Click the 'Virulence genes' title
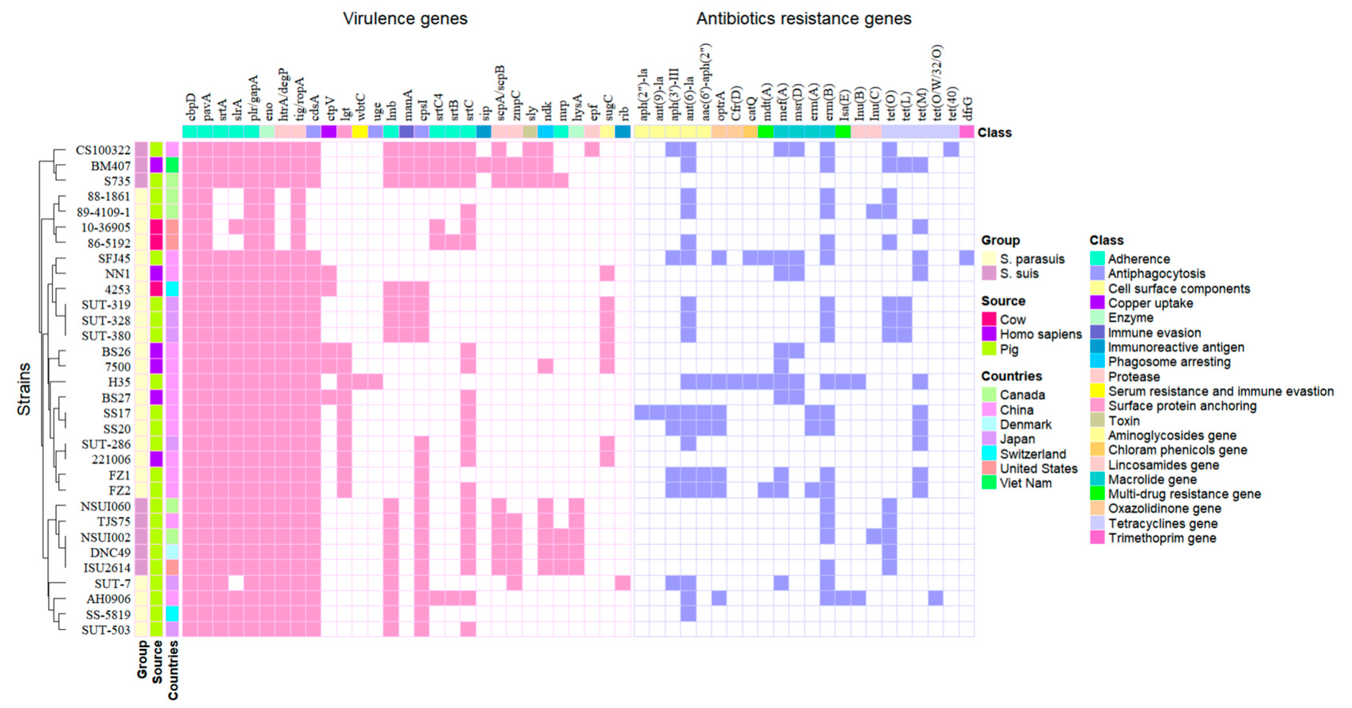[405, 19]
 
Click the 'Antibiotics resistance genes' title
[803, 19]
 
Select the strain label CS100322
[103, 150]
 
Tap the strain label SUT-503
[106, 630]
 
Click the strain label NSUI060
[105, 506]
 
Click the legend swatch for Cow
[989, 319]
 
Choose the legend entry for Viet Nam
[1025, 484]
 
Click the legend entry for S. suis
[1019, 273]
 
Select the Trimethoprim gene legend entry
[1161, 538]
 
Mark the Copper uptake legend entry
[1150, 303]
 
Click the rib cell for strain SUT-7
[622, 583]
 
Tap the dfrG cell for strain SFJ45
[967, 258]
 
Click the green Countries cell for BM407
[172, 165]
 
